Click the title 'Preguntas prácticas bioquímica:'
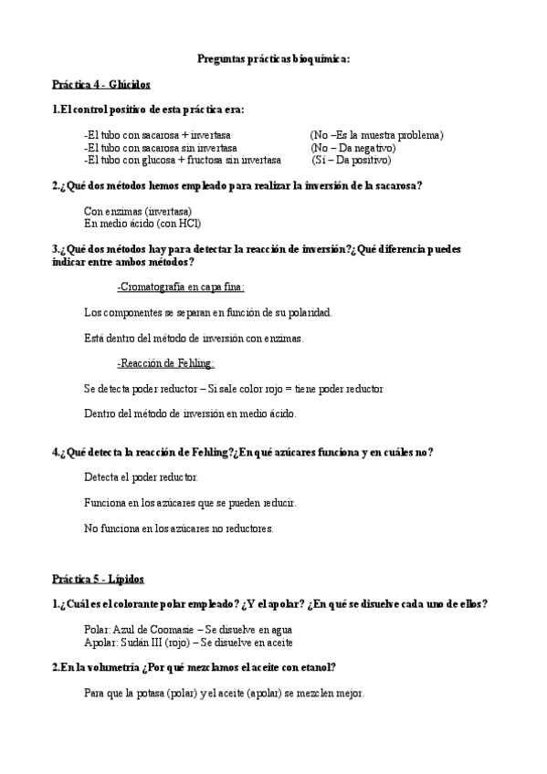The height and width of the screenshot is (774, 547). pyautogui.click(x=274, y=58)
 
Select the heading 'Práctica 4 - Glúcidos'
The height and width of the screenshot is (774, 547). pyautogui.click(x=101, y=84)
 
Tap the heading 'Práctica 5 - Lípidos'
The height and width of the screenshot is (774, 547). pyautogui.click(x=98, y=579)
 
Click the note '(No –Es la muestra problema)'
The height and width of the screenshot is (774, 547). pyautogui.click(x=376, y=135)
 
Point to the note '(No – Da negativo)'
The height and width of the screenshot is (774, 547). pyautogui.click(x=352, y=148)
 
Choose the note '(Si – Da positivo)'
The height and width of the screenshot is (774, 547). pyautogui.click(x=352, y=161)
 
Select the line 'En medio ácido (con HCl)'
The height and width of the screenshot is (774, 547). pyautogui.click(x=142, y=223)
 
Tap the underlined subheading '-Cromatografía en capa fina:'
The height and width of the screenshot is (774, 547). pyautogui.click(x=181, y=287)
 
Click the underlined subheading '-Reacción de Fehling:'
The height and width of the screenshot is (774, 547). pyautogui.click(x=165, y=363)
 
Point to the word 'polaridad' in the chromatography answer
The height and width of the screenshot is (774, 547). pyautogui.click(x=309, y=312)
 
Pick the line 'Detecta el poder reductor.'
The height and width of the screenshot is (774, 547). pyautogui.click(x=141, y=477)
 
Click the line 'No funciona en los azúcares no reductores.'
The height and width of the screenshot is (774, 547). pyautogui.click(x=179, y=528)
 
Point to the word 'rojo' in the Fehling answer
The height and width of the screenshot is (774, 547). pyautogui.click(x=282, y=389)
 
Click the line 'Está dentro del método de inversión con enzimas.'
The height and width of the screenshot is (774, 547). pyautogui.click(x=194, y=338)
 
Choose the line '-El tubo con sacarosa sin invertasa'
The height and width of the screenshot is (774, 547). pyautogui.click(x=160, y=148)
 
